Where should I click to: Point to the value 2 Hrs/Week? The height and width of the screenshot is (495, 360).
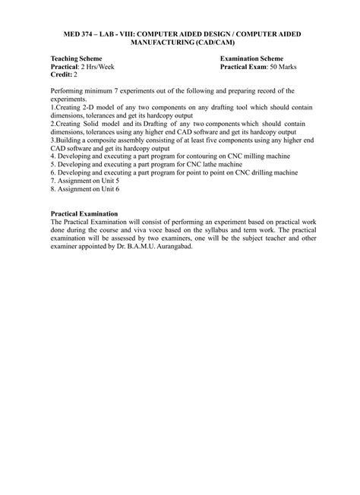[99, 66]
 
